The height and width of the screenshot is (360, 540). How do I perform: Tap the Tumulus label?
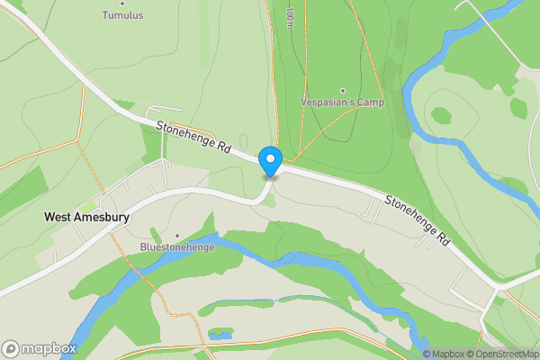click(x=122, y=15)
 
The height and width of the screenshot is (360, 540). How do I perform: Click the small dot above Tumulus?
click(x=122, y=4)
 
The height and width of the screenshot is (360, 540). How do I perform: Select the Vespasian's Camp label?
click(x=342, y=103)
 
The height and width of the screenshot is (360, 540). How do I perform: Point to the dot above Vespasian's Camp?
click(x=342, y=91)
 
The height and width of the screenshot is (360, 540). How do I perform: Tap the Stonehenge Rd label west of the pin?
click(x=194, y=137)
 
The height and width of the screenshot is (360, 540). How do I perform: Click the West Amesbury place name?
click(x=86, y=217)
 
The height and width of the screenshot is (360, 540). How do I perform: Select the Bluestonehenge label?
click(x=176, y=246)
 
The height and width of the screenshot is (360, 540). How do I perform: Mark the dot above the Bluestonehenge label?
click(x=176, y=235)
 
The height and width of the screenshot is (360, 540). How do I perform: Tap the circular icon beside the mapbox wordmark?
click(x=11, y=348)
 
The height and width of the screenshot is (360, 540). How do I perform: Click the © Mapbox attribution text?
click(x=442, y=354)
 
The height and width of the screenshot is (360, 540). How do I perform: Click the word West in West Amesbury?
click(x=58, y=217)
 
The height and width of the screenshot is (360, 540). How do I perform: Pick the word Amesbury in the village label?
click(x=102, y=217)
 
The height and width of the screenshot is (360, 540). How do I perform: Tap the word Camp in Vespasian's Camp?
click(x=370, y=103)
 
